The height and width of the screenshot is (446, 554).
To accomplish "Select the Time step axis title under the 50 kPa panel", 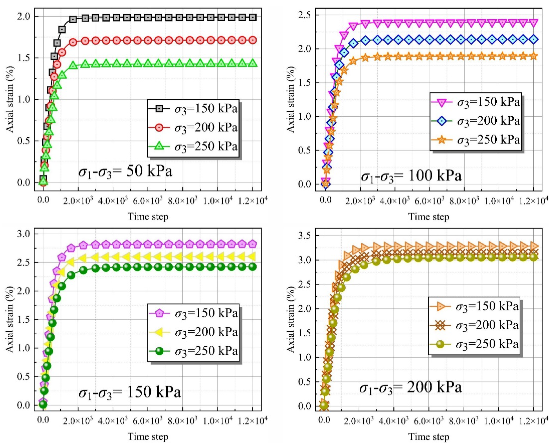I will pos(148,216).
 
